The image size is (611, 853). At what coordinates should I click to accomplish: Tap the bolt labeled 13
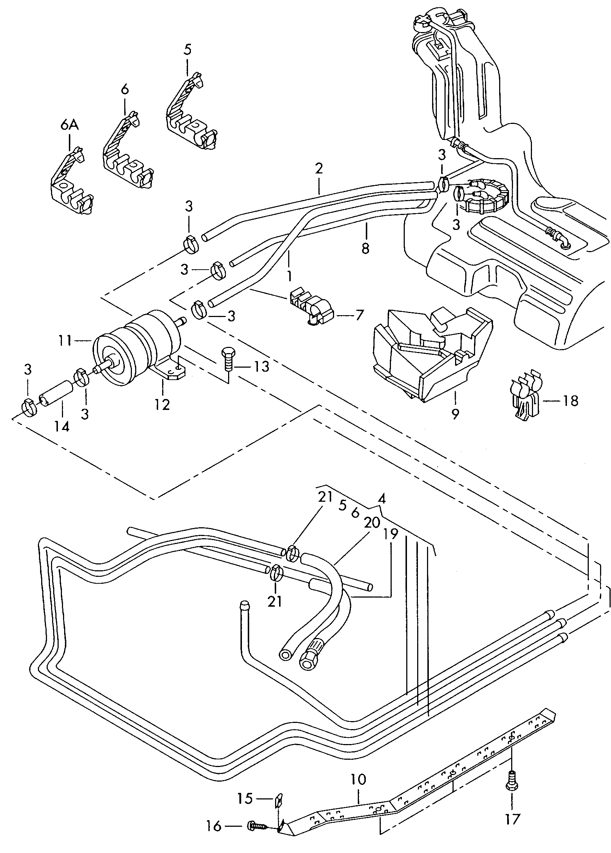[x=227, y=359]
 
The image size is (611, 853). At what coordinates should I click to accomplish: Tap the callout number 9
[x=455, y=414]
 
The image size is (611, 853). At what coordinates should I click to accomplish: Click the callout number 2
[x=319, y=168]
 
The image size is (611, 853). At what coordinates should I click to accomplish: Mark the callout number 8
[x=365, y=248]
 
